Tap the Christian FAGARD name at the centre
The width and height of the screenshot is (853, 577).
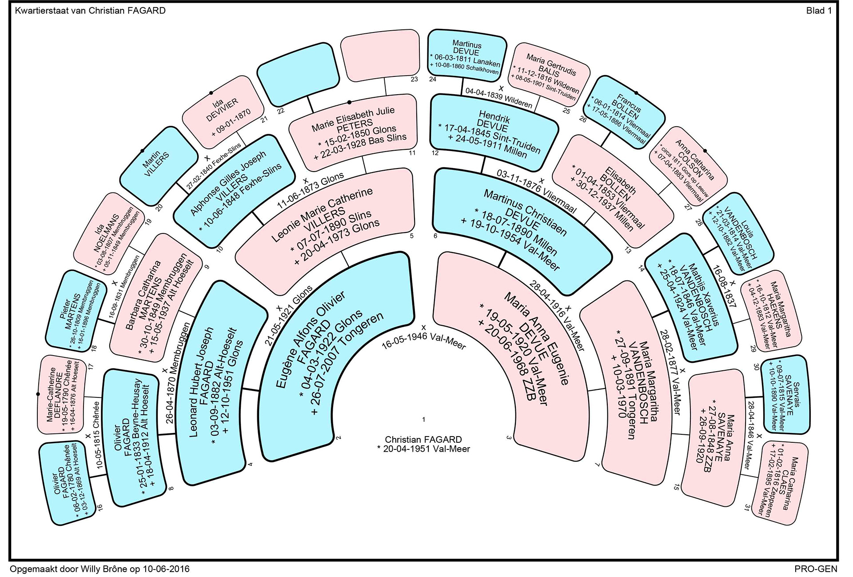423,440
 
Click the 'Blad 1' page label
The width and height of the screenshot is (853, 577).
818,11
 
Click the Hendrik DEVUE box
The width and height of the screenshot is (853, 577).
494,132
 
